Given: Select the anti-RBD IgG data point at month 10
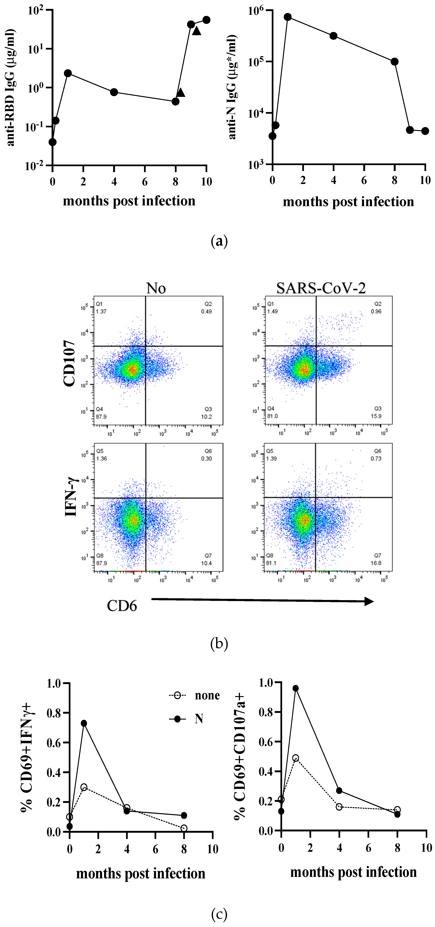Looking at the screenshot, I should point(206,20).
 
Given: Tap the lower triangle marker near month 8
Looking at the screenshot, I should point(181,92).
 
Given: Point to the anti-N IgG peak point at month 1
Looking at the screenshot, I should point(287,17).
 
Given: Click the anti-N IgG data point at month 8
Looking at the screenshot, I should point(394,62).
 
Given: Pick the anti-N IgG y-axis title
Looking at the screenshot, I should point(233,87).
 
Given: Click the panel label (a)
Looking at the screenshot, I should point(219,241).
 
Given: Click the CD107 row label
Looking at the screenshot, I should point(70,363).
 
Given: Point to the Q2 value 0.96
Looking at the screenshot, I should point(376,311).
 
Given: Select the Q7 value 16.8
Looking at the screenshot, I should point(376,563).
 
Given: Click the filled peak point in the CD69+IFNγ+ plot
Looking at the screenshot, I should point(84,723).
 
